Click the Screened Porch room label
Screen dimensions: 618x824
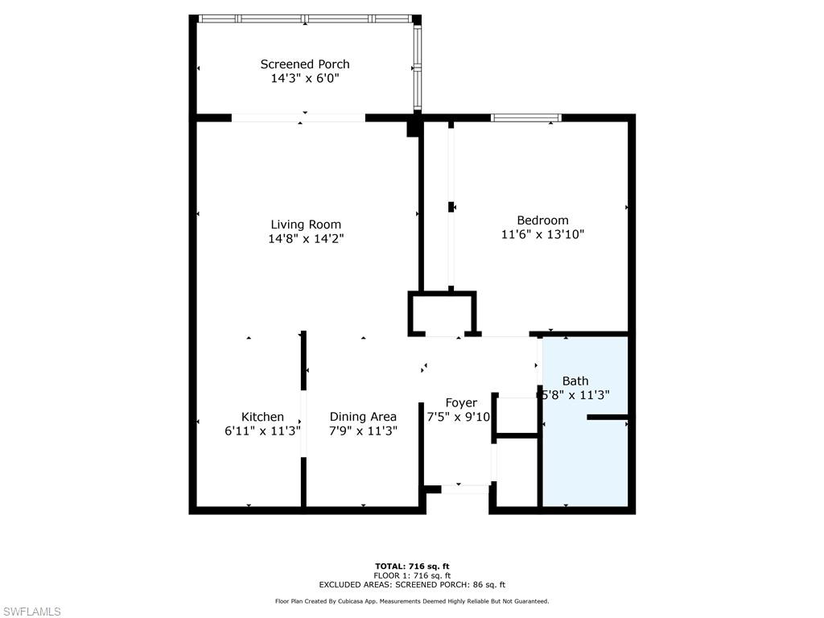(x=305, y=64)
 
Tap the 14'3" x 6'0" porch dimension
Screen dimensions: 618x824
(x=305, y=79)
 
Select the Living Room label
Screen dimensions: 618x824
(x=306, y=225)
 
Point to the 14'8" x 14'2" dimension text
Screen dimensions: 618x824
(x=306, y=239)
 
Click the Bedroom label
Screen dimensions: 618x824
(x=542, y=220)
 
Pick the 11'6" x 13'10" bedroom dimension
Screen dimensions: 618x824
(x=542, y=235)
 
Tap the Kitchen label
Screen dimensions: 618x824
(x=263, y=417)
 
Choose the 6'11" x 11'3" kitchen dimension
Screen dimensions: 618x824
(x=262, y=431)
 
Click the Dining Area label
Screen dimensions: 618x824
(x=363, y=417)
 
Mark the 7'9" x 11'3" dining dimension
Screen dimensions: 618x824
(x=363, y=431)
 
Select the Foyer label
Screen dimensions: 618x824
(x=461, y=402)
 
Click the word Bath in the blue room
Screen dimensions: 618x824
(x=575, y=381)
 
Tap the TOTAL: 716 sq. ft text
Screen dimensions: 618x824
(x=412, y=566)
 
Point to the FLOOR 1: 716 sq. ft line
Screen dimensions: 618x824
(x=412, y=575)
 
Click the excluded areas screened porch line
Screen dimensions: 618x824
(x=412, y=585)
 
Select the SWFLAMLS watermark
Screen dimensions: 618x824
(x=31, y=612)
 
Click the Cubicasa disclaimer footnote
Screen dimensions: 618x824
(x=412, y=601)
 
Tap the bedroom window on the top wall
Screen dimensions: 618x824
(x=526, y=118)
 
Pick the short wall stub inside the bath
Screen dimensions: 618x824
(x=608, y=417)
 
